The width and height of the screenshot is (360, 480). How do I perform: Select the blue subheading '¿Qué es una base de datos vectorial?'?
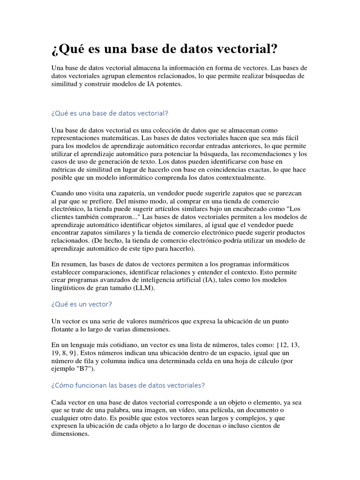click(x=109, y=113)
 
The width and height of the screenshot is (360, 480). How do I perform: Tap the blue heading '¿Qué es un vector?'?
click(x=82, y=304)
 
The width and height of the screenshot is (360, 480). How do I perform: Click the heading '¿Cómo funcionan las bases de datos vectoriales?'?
click(x=128, y=385)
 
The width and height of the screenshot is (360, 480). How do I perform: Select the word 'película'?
click(x=209, y=410)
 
